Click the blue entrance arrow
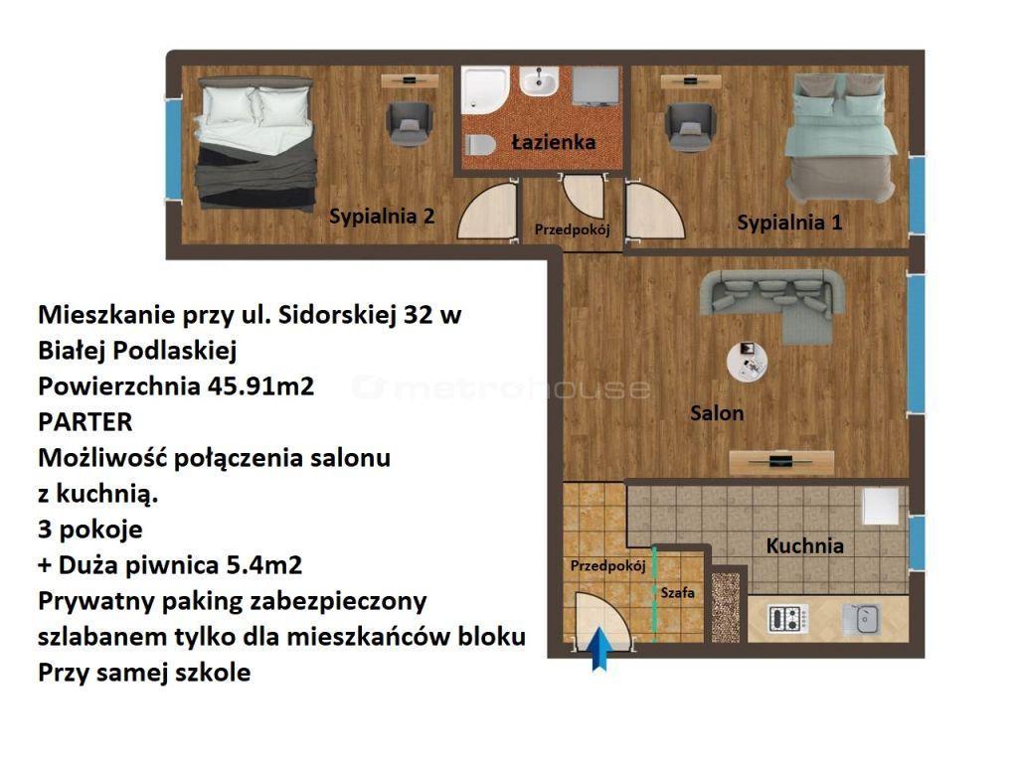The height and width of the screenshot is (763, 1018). [600, 649]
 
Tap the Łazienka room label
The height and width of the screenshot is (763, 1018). [553, 142]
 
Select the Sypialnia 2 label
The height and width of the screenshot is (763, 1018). [382, 216]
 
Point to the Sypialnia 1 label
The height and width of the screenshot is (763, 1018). [789, 223]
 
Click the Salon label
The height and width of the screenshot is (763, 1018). [717, 413]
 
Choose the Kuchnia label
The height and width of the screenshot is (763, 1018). [805, 545]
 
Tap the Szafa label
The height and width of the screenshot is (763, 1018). [678, 592]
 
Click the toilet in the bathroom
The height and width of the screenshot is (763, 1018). [480, 144]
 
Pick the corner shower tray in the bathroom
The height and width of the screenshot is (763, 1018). [484, 89]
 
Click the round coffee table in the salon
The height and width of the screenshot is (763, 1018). [747, 362]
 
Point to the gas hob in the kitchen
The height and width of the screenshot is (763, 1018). [788, 619]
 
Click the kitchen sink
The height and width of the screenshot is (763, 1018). [862, 619]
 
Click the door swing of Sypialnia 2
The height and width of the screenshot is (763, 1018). [487, 212]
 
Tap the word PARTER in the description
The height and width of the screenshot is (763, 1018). [85, 422]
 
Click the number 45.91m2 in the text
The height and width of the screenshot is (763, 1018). [261, 386]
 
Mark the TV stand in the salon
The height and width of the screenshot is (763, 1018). [781, 462]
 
